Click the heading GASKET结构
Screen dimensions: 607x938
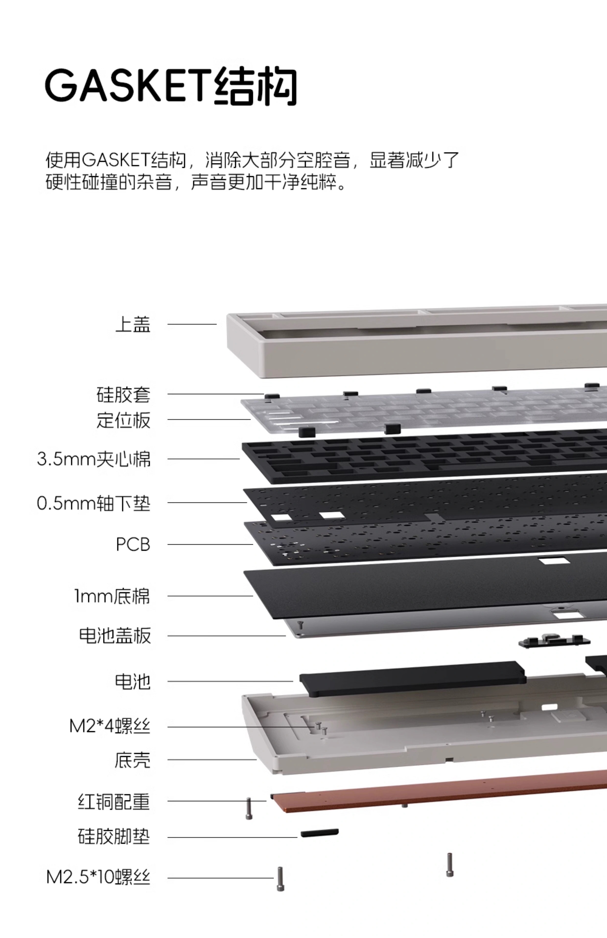click(x=171, y=86)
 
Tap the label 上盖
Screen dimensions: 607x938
click(x=133, y=324)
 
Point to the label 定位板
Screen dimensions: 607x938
click(x=123, y=420)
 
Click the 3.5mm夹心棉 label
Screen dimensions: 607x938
click(x=94, y=459)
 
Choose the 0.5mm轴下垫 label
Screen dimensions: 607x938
click(x=94, y=503)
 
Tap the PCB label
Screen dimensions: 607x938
click(x=133, y=544)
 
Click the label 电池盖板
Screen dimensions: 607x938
click(x=115, y=635)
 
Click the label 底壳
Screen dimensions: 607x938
click(x=133, y=760)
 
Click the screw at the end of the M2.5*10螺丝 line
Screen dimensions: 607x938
click(x=280, y=879)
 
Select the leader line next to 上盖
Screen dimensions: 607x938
click(x=192, y=324)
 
